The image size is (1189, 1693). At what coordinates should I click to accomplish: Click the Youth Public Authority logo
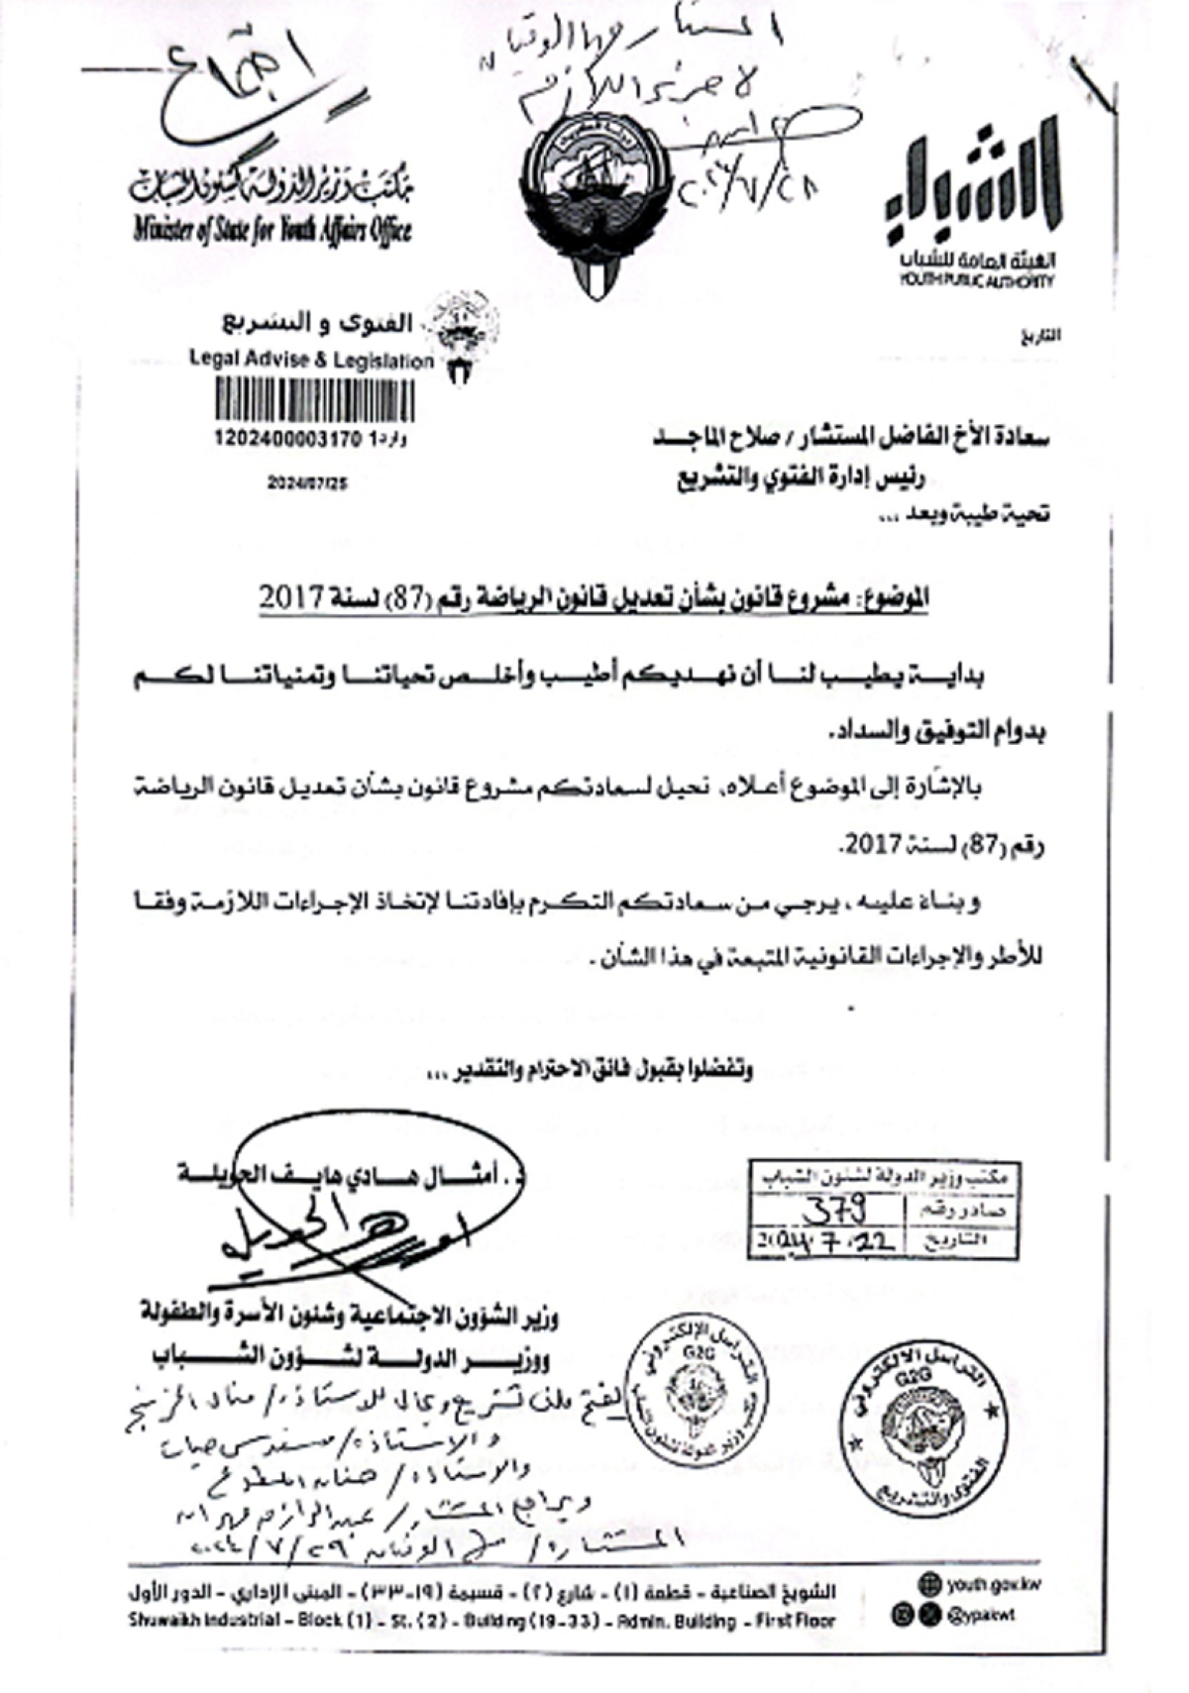click(975, 208)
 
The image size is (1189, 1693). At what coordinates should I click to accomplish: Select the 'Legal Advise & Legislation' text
click(311, 361)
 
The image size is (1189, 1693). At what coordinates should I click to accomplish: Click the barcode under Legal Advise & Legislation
click(315, 403)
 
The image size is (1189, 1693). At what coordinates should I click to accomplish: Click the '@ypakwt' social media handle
click(982, 1615)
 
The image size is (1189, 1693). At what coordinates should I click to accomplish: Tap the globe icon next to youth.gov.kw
click(929, 1583)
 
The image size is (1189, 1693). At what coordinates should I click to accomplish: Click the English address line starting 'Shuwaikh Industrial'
click(482, 1622)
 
